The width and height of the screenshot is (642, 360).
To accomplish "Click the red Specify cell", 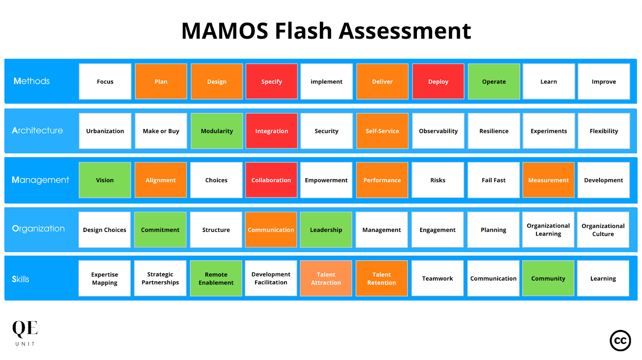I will (x=272, y=81).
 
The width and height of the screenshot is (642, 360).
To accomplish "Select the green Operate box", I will (x=494, y=81).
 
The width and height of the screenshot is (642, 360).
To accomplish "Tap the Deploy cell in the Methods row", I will (x=438, y=81).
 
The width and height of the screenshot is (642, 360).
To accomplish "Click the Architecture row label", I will (x=37, y=130).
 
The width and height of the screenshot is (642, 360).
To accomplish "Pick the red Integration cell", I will (x=272, y=131).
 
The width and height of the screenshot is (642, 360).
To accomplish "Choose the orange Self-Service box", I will (x=382, y=131).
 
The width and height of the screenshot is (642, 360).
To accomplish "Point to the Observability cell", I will (x=438, y=131).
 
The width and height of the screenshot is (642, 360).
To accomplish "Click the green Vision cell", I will (x=105, y=180).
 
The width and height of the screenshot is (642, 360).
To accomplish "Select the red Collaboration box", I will (x=271, y=180).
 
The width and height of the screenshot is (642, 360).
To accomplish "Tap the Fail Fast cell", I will (x=494, y=180).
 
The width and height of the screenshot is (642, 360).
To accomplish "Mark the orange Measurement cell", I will (x=548, y=180).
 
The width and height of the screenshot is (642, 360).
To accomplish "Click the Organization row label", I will (x=39, y=228).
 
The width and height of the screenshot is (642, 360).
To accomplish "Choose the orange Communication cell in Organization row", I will (x=271, y=230).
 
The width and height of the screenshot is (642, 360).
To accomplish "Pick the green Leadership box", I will (x=326, y=230).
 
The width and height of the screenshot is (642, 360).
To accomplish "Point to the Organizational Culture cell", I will (x=603, y=230).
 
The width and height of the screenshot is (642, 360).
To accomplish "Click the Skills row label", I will (x=20, y=279).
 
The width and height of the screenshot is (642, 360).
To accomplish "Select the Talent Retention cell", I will (x=382, y=279).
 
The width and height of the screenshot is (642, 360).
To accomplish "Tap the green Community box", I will (x=548, y=279).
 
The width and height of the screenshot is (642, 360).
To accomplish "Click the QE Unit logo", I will (x=25, y=332).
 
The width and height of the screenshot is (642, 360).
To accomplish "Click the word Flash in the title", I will (x=303, y=31).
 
